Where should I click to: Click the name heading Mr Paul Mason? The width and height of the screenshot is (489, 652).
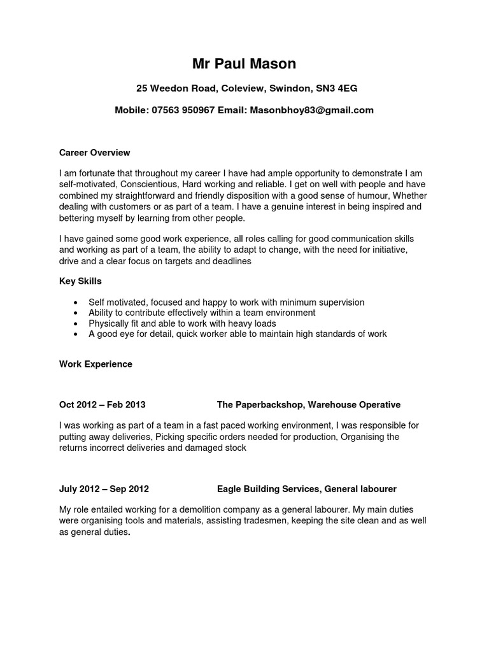[244, 64]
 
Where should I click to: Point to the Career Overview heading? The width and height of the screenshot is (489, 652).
[94, 153]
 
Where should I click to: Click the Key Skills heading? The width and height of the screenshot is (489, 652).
[80, 281]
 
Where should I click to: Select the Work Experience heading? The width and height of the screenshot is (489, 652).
[96, 364]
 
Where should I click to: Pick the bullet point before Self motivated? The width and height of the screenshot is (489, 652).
[76, 302]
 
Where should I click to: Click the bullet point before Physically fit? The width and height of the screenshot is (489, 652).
[76, 323]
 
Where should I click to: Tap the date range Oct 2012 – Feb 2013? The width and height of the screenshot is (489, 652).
[103, 404]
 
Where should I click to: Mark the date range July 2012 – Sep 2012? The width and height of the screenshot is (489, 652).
[104, 489]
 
